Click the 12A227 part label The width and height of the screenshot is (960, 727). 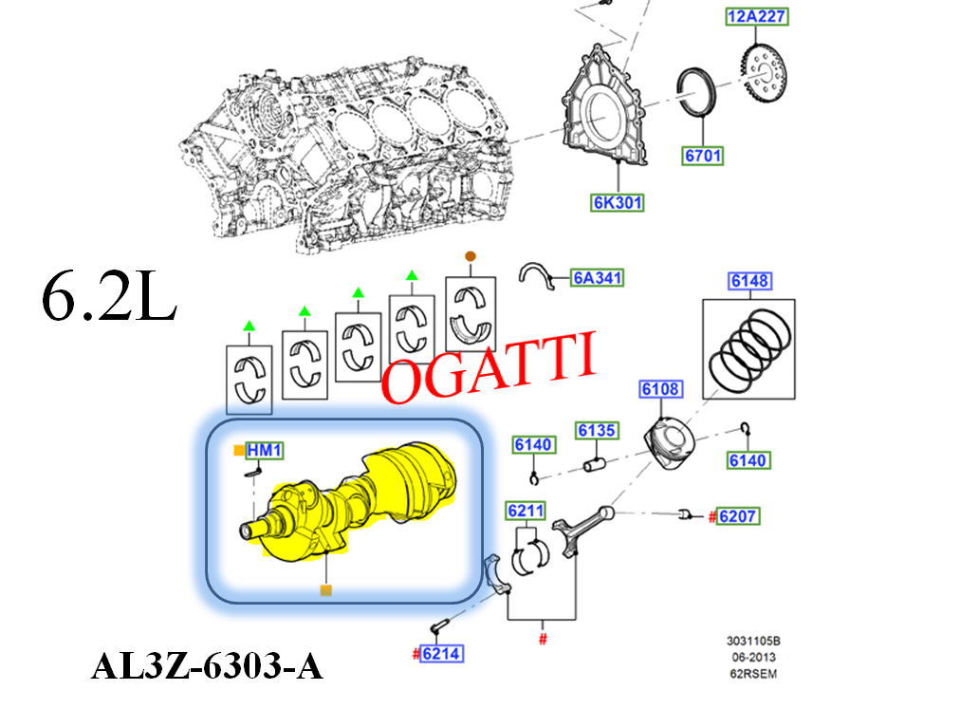click(x=757, y=16)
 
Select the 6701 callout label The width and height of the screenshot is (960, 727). click(x=702, y=155)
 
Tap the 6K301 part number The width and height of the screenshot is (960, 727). click(x=617, y=202)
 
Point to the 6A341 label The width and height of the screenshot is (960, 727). click(x=598, y=278)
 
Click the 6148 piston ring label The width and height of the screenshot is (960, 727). click(x=748, y=281)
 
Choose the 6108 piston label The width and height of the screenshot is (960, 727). click(x=660, y=389)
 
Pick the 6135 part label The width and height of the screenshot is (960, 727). click(x=597, y=431)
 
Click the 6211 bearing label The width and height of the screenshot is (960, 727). click(x=526, y=512)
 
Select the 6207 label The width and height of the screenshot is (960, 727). click(x=738, y=517)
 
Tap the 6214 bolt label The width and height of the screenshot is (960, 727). click(x=443, y=653)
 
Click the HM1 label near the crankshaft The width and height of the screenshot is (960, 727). click(x=265, y=450)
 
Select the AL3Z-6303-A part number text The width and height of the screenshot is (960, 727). click(x=207, y=667)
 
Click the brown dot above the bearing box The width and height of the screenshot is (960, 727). click(x=469, y=256)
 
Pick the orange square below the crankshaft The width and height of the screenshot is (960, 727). click(x=325, y=590)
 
